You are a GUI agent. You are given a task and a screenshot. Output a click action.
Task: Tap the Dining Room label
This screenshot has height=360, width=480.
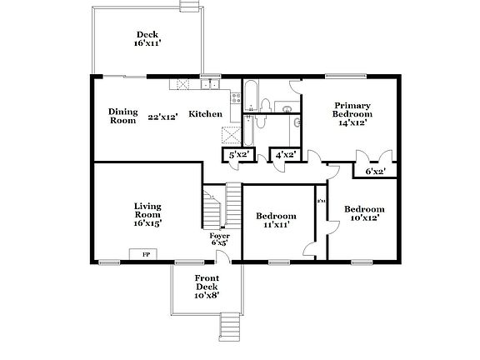click(x=122, y=116)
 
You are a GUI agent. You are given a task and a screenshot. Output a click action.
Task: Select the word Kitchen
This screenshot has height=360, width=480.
click(x=205, y=114)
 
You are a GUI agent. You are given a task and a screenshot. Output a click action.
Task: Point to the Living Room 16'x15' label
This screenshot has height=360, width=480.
click(x=148, y=214)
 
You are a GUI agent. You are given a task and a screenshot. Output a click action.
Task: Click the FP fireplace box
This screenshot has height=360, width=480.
click(x=146, y=254)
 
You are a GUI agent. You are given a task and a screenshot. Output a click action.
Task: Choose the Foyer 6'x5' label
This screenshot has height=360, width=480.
click(x=220, y=240)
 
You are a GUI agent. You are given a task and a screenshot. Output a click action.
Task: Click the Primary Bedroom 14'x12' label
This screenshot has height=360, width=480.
click(x=352, y=113)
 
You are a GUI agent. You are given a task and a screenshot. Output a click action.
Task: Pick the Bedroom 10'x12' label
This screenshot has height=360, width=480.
click(x=364, y=213)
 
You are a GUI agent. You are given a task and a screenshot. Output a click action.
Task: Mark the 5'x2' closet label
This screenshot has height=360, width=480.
click(x=239, y=154)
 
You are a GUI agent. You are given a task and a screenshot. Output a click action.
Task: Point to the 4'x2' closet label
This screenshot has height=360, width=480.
click(x=285, y=154)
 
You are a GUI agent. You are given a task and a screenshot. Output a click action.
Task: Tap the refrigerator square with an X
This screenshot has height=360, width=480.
click(x=230, y=134)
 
